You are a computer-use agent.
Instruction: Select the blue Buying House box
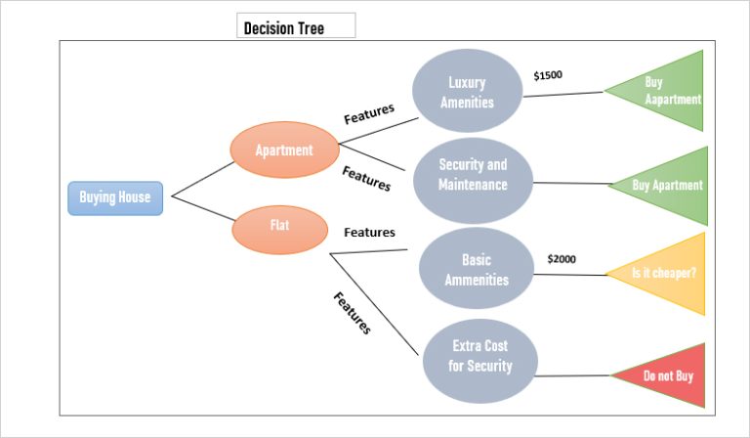(x=115, y=197)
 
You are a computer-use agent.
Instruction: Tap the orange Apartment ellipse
(x=284, y=151)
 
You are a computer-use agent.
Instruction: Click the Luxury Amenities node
(x=467, y=92)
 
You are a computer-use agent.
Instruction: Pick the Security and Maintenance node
(x=473, y=175)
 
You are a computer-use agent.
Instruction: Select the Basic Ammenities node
(x=477, y=270)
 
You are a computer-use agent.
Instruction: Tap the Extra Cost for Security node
(x=479, y=356)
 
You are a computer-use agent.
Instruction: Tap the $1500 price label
(x=548, y=75)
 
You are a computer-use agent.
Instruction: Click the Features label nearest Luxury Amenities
(x=369, y=112)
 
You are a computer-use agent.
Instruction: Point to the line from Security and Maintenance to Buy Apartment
(x=571, y=183)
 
